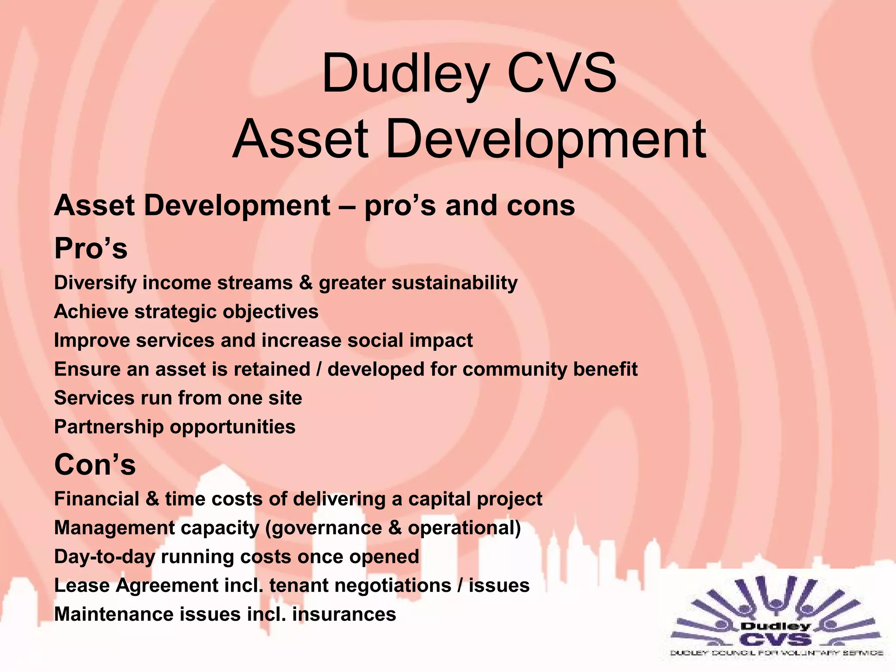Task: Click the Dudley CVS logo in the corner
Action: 777,619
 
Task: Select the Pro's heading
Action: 91,248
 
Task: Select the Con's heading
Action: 94,464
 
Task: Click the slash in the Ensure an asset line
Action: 319,369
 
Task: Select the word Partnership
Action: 108,427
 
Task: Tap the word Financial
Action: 96,499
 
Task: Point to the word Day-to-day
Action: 105,557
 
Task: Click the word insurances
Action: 344,614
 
